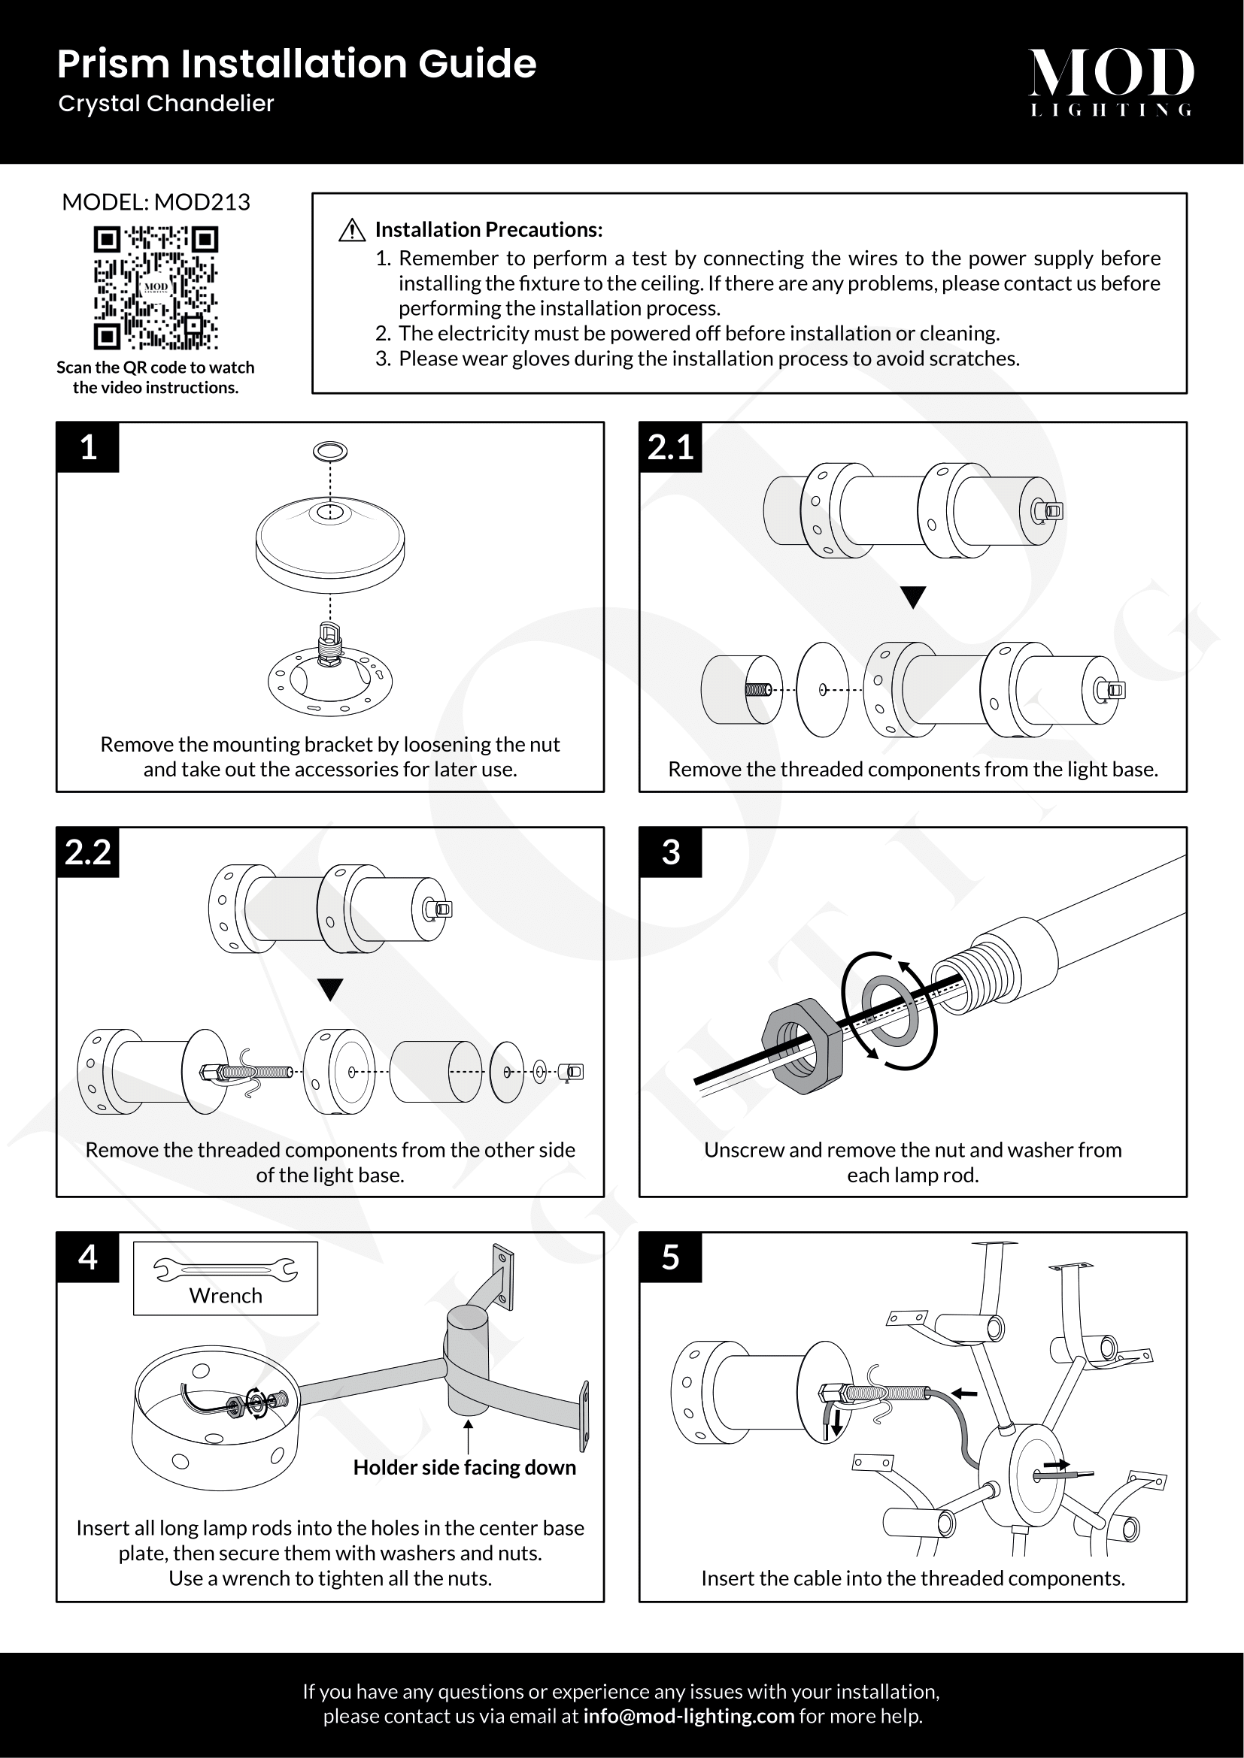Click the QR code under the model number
[156, 287]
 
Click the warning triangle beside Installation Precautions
[351, 230]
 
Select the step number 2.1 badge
[670, 447]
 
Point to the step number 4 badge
[88, 1257]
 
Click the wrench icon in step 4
[225, 1270]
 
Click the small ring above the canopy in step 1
[330, 451]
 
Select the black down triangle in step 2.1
[913, 597]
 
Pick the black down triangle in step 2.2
[330, 988]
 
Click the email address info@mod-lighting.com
[688, 1716]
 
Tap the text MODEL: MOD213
[156, 202]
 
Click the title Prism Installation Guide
[296, 64]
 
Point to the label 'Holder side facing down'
[464, 1467]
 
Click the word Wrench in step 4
[225, 1296]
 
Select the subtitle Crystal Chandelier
[166, 104]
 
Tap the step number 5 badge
[670, 1257]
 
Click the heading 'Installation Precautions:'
[489, 230]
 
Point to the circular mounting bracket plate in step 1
[330, 682]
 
